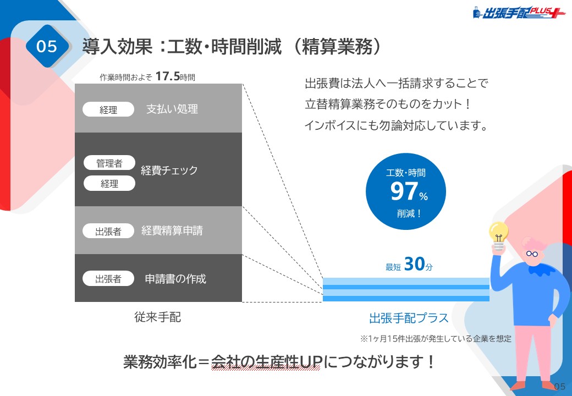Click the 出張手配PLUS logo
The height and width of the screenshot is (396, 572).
pyautogui.click(x=519, y=13)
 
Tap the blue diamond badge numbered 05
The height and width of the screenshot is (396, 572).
pyautogui.click(x=47, y=46)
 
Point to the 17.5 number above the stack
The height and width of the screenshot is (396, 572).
pyautogui.click(x=167, y=76)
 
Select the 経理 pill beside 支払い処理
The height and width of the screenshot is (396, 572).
pyautogui.click(x=108, y=109)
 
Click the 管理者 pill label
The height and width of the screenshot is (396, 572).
pyautogui.click(x=109, y=163)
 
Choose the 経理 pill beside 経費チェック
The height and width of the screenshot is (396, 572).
pyautogui.click(x=109, y=183)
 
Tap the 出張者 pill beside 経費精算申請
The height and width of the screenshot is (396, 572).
pyautogui.click(x=108, y=231)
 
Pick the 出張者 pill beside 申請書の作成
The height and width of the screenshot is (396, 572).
pyautogui.click(x=108, y=279)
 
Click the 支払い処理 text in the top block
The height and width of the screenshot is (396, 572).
pyautogui.click(x=172, y=109)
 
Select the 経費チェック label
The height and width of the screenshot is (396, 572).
pyautogui.click(x=169, y=170)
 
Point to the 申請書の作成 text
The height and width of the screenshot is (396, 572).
pyautogui.click(x=175, y=279)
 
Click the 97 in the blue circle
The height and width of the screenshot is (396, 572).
pyautogui.click(x=404, y=191)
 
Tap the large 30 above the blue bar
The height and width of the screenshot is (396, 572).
pyautogui.click(x=415, y=264)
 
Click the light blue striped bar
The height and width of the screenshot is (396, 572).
pyautogui.click(x=406, y=289)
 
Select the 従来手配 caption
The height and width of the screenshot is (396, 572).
pyautogui.click(x=158, y=317)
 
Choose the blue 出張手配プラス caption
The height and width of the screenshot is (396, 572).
pyautogui.click(x=409, y=318)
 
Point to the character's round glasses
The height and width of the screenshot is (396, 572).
pyautogui.click(x=532, y=254)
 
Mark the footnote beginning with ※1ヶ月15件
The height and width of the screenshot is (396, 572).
pyautogui.click(x=436, y=339)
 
